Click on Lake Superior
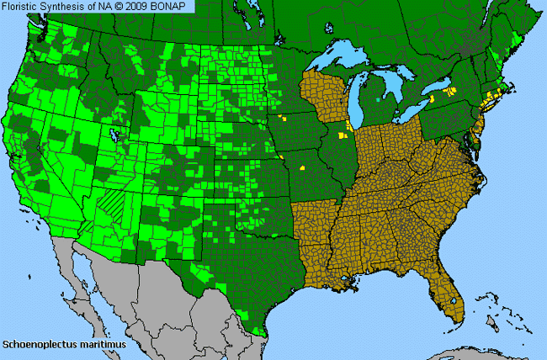pos(348,57)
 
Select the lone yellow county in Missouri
pos(300,167)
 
